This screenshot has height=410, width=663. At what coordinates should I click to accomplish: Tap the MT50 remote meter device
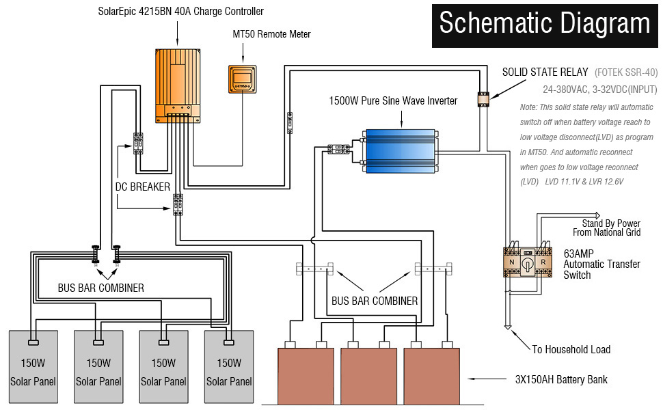click(x=242, y=79)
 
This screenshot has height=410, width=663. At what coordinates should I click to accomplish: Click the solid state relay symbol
click(x=483, y=99)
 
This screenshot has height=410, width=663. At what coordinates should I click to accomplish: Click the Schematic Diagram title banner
click(x=544, y=24)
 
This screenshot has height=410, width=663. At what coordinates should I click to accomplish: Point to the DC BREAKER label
click(x=142, y=187)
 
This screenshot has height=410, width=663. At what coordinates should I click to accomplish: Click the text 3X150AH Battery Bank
click(x=561, y=379)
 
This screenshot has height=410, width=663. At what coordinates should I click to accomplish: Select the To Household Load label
click(x=571, y=349)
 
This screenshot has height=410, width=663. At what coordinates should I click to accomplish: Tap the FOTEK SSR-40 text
click(x=626, y=72)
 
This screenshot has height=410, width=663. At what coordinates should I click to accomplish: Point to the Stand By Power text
click(x=611, y=223)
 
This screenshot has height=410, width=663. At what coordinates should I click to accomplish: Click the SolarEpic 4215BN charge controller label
click(x=180, y=12)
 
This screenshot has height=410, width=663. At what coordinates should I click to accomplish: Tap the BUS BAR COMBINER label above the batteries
click(x=374, y=301)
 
